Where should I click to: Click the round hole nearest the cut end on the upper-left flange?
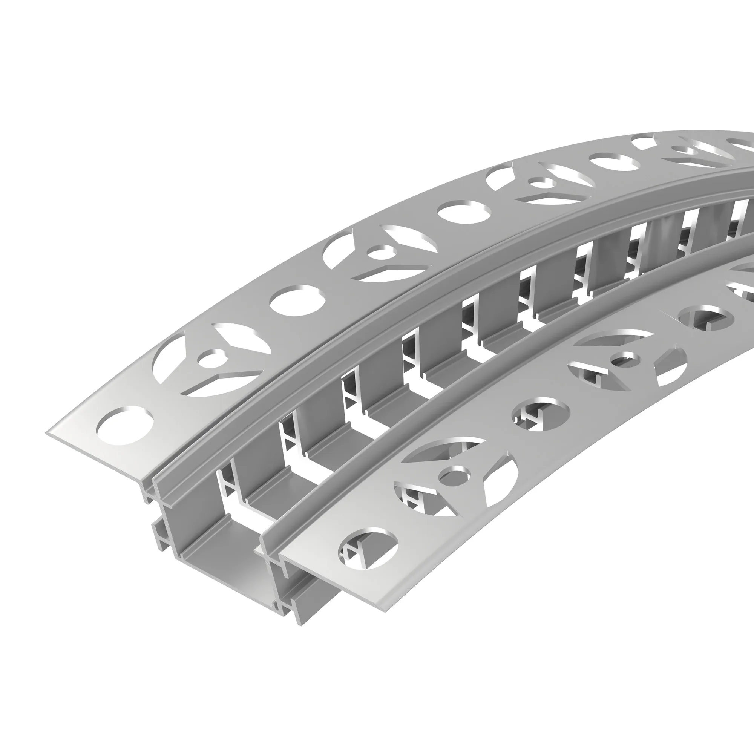click(x=124, y=425)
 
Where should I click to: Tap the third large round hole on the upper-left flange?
click(x=464, y=213)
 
